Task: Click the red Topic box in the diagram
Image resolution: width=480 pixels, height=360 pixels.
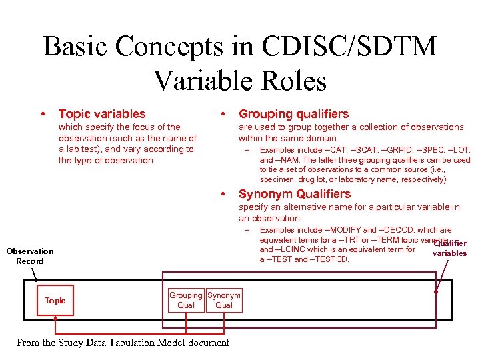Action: tap(55, 301)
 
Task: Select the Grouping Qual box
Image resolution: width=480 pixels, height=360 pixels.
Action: tap(186, 301)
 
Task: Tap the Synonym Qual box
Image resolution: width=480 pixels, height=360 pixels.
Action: tap(224, 301)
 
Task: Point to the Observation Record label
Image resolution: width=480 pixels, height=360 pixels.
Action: tap(30, 256)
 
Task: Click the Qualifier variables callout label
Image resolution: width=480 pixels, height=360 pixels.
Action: tap(450, 248)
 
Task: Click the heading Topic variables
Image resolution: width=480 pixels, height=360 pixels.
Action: tap(102, 114)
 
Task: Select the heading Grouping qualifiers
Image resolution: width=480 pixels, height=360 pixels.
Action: tap(293, 114)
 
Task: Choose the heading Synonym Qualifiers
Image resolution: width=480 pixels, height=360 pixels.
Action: tap(295, 194)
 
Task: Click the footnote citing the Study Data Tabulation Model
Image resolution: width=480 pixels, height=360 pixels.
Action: tap(123, 343)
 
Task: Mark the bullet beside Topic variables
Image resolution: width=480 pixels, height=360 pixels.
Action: tap(43, 114)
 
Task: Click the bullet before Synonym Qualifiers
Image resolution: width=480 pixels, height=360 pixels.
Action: tap(223, 194)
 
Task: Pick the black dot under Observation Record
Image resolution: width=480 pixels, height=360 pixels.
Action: tap(37, 281)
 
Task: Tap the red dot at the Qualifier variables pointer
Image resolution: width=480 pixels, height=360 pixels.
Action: tap(437, 291)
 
